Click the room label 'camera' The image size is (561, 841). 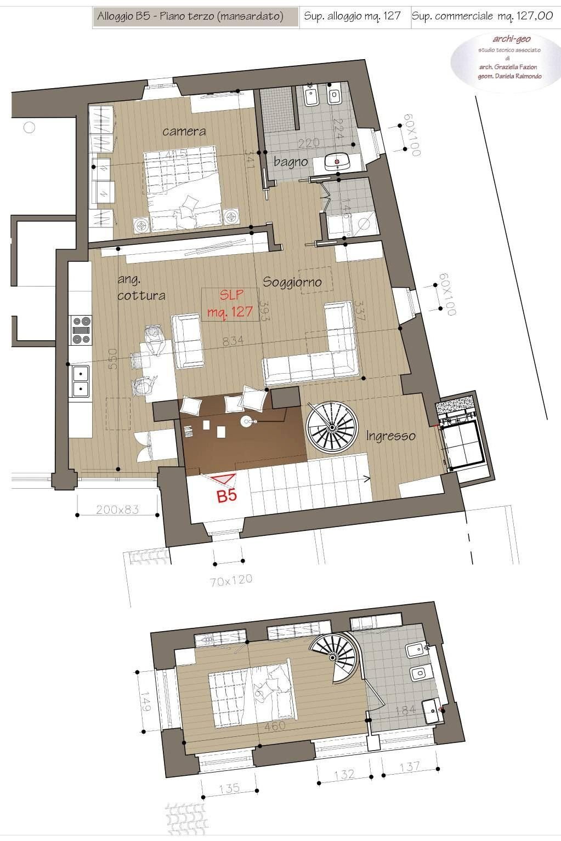[184, 131]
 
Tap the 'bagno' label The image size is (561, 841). [291, 162]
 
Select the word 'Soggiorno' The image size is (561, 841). [291, 283]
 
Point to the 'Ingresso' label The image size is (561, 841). [390, 436]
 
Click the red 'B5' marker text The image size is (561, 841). [227, 496]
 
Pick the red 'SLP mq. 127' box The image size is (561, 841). [230, 304]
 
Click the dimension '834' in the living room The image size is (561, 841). [233, 341]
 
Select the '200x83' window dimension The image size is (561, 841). [117, 510]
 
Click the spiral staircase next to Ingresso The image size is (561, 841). [332, 427]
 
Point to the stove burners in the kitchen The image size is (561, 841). [81, 330]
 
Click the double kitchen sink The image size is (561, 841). [81, 381]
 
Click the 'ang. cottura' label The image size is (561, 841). [141, 288]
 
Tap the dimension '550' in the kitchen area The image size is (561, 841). [113, 359]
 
